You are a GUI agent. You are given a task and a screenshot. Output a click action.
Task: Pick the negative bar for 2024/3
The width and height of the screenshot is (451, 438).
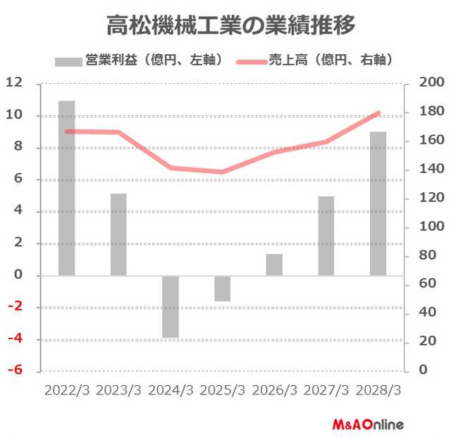(171, 306)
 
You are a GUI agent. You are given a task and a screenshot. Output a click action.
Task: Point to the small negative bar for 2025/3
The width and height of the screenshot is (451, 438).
(223, 288)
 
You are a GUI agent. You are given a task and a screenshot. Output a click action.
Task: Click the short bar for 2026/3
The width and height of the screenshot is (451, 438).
(274, 265)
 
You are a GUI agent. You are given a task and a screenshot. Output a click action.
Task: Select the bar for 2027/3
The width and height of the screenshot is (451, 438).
(326, 236)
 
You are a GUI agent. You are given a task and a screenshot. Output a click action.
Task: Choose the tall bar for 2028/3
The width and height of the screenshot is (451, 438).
(378, 204)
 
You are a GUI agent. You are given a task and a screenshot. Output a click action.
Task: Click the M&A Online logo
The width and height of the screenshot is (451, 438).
(367, 425)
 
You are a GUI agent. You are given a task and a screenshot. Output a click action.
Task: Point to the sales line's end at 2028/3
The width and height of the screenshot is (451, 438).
(378, 113)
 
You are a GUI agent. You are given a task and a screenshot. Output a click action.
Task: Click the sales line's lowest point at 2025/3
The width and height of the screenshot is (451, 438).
(223, 172)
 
